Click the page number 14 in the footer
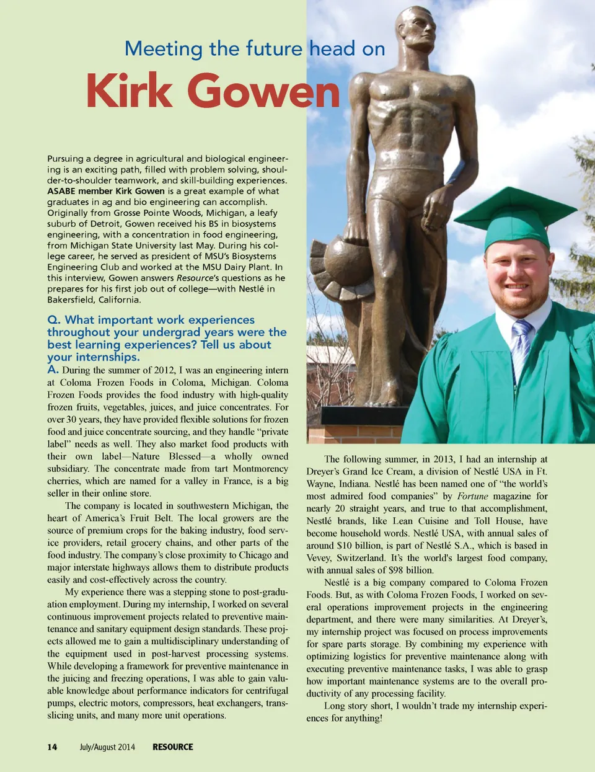coord(52,747)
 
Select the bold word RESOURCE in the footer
coord(172,747)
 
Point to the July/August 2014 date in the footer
coord(107,747)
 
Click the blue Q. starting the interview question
coord(54,320)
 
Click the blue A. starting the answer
coord(53,370)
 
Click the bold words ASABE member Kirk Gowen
coord(106,191)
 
